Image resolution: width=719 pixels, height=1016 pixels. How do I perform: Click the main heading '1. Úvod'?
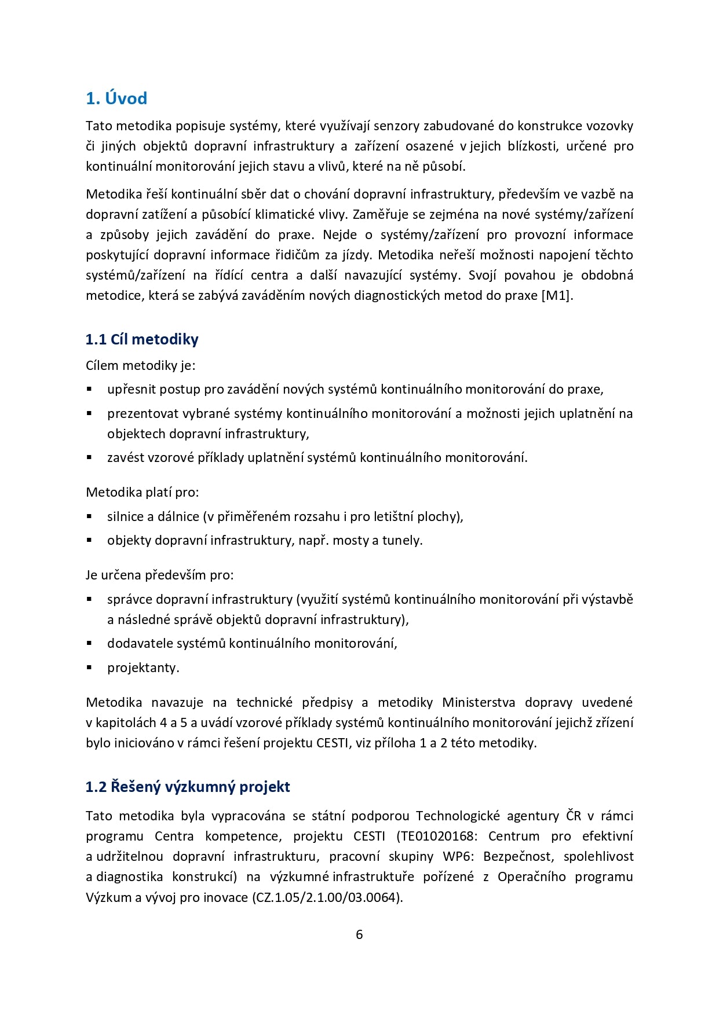pyautogui.click(x=116, y=98)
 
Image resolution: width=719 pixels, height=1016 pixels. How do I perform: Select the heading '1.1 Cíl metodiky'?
pyautogui.click(x=142, y=339)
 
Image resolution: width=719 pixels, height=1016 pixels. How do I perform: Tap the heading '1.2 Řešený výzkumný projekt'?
pyautogui.click(x=188, y=787)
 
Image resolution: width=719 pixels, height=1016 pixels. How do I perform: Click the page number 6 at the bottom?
pyautogui.click(x=359, y=934)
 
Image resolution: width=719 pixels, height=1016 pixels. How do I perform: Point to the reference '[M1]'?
pyautogui.click(x=557, y=295)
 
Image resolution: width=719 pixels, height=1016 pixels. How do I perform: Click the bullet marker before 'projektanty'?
pyautogui.click(x=90, y=667)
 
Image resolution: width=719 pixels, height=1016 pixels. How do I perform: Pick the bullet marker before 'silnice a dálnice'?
pyautogui.click(x=90, y=516)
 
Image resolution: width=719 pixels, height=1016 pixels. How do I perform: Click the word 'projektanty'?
pyautogui.click(x=143, y=667)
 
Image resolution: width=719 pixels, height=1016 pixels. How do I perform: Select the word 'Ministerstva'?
pyautogui.click(x=479, y=702)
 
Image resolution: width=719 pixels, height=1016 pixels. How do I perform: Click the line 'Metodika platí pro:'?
pyautogui.click(x=142, y=493)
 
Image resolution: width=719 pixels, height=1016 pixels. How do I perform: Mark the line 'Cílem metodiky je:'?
pyautogui.click(x=141, y=365)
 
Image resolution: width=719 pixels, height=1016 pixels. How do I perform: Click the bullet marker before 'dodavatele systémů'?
pyautogui.click(x=90, y=643)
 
